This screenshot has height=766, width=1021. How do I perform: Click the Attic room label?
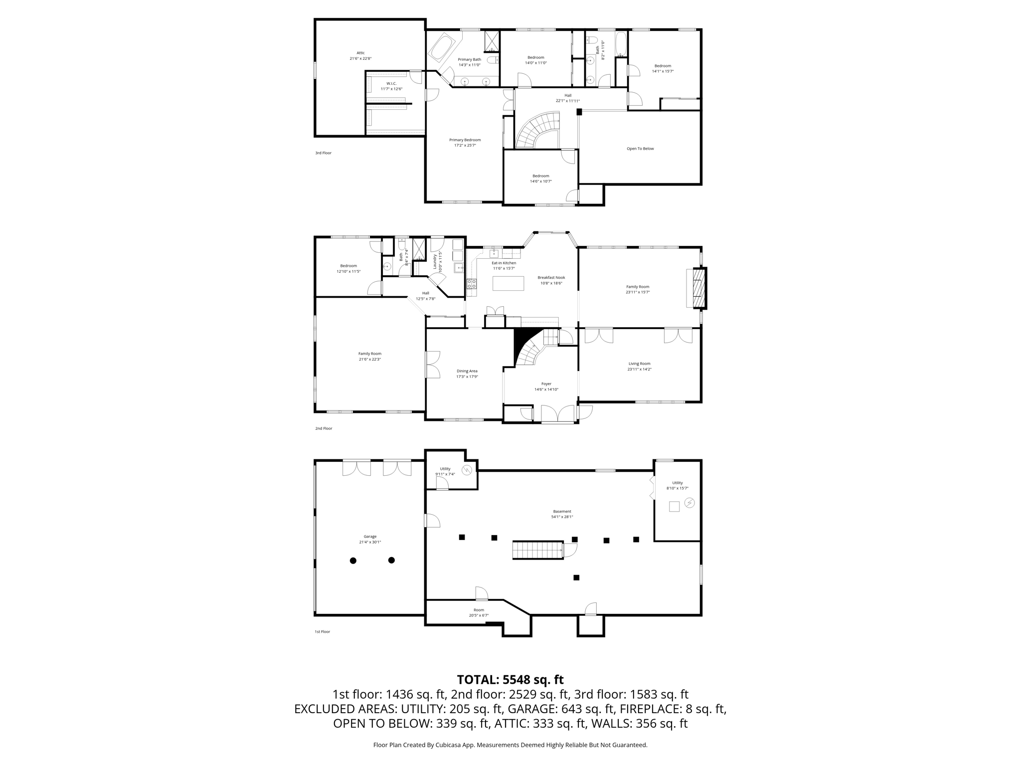coord(360,53)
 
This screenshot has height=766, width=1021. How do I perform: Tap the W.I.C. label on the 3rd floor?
coord(391,83)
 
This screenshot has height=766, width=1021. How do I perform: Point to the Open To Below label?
coord(640,149)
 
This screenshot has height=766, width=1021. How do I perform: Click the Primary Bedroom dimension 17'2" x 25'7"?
coord(465,146)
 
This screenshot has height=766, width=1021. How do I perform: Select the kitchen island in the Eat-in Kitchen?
coord(508,283)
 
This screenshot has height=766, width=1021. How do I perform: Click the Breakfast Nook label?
coord(551,278)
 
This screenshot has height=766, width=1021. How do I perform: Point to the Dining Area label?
coord(467,371)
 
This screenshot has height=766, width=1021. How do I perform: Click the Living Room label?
coord(639,364)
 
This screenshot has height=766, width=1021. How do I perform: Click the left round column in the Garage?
coord(353,561)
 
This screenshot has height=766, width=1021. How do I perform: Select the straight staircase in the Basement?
coord(538,550)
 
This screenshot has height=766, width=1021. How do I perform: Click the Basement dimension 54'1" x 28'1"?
coord(562,517)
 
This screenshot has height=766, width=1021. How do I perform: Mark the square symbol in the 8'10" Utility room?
coord(674,507)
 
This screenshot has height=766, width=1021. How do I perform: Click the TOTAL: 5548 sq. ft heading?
coord(510,680)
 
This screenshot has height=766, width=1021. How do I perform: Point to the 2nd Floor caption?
coord(324,428)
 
